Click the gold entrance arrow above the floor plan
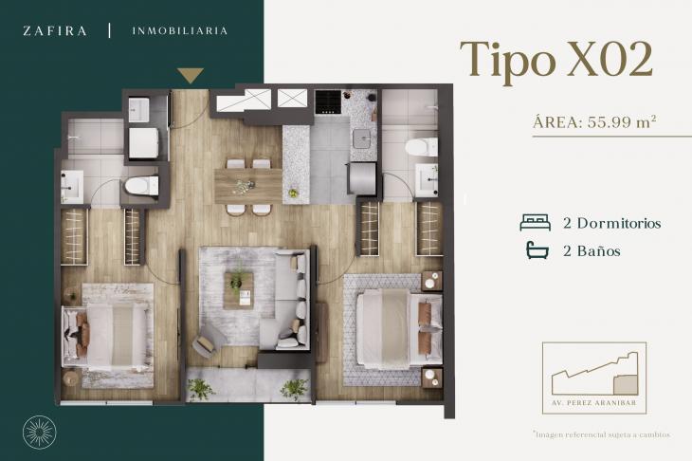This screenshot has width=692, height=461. [x=191, y=75]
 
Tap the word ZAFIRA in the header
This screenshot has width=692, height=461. [x=55, y=31]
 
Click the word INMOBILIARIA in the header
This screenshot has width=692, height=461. [x=179, y=31]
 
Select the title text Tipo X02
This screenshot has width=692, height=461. [x=556, y=60]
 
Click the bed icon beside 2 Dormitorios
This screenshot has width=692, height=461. [x=535, y=223]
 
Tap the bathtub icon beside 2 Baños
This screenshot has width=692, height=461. [x=537, y=249]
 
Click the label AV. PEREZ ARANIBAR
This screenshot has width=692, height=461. [x=594, y=403]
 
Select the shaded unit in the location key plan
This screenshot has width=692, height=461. [x=626, y=384]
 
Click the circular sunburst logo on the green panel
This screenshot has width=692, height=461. [x=39, y=431]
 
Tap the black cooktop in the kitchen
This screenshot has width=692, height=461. [x=328, y=102]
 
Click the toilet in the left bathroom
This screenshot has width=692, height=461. [x=141, y=186]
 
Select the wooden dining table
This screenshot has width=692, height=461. [x=248, y=186]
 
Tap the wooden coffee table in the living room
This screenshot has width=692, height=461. [x=238, y=290]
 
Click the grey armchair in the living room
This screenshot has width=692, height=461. [x=209, y=340]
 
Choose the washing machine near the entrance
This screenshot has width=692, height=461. [x=143, y=143]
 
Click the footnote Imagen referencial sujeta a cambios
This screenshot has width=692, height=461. [x=602, y=434]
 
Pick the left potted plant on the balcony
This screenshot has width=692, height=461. [x=200, y=389]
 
